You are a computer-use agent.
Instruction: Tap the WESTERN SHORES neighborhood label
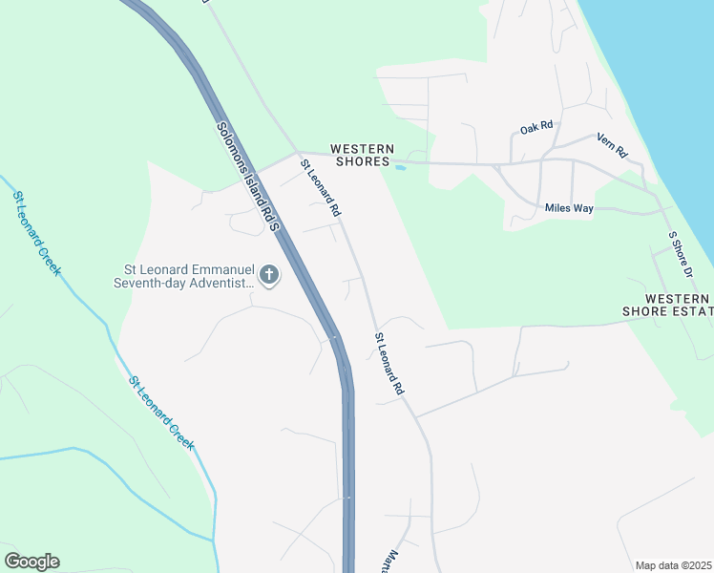[x=362, y=156]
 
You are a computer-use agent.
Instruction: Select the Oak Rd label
[x=536, y=127]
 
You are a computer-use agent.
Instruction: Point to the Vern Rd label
[x=612, y=145]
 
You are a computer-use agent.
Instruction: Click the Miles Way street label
[x=570, y=207]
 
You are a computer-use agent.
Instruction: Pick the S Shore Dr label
[x=680, y=254]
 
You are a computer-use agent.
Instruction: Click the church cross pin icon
[x=269, y=276]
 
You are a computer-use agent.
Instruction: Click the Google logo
[x=31, y=562]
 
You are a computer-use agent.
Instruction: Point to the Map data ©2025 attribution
[x=673, y=565]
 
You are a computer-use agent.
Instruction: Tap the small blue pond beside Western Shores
[x=400, y=168]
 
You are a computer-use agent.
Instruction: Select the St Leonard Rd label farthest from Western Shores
[x=389, y=364]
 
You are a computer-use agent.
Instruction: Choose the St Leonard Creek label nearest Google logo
[x=161, y=412]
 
